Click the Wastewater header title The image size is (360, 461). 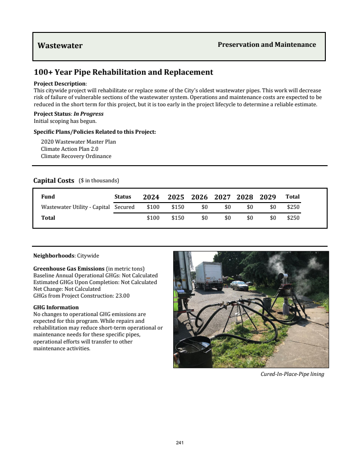[x=60, y=45]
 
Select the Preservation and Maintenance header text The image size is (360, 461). [x=267, y=45]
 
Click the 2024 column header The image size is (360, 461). [x=151, y=197]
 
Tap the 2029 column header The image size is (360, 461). [x=268, y=197]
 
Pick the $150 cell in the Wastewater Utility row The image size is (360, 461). [x=178, y=207]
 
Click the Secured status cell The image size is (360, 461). [x=125, y=207]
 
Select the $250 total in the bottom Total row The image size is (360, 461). [x=293, y=218]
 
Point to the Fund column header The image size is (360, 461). [x=48, y=197]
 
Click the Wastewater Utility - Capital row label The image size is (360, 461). [x=75, y=207]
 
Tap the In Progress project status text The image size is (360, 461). [x=89, y=114]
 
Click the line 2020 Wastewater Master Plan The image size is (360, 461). [x=78, y=142]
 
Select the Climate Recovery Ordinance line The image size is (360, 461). [x=76, y=156]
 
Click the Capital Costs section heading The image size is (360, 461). [x=54, y=181]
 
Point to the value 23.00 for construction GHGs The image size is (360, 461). [x=122, y=296]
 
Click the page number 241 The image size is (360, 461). [x=180, y=443]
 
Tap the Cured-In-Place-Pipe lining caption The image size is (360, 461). [x=292, y=374]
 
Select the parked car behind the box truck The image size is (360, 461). [x=239, y=285]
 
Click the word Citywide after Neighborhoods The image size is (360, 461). [x=88, y=256]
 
